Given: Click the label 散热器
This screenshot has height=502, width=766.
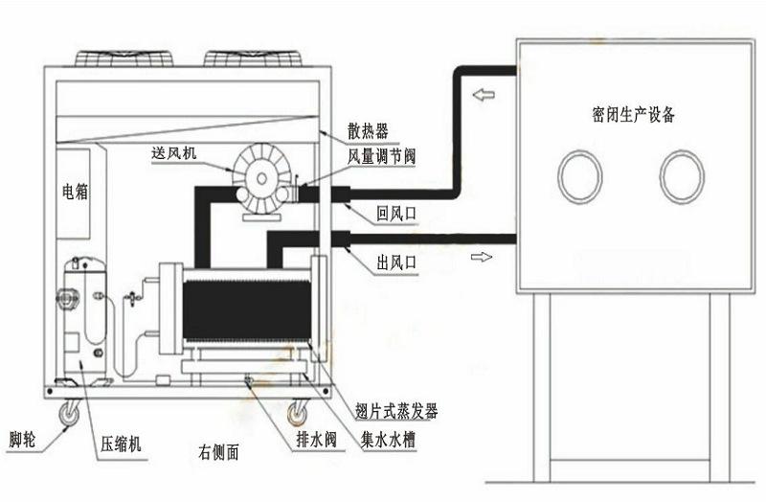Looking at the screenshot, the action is tap(368, 131).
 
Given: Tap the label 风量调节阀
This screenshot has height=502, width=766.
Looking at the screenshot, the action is tap(381, 156).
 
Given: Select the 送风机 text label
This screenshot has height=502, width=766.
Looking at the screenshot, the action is tap(173, 153).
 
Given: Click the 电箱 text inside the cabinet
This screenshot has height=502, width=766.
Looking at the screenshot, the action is tap(76, 191).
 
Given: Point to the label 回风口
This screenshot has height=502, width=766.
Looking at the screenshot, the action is tap(396, 214).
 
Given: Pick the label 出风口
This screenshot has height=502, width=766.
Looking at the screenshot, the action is tap(396, 263).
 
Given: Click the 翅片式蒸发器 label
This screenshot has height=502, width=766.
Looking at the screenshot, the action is tap(396, 412).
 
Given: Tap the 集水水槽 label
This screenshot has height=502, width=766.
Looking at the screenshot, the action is tap(388, 440).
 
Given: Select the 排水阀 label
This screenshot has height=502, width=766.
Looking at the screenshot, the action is tap(317, 440).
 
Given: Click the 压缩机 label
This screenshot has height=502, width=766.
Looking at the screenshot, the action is tap(121, 444).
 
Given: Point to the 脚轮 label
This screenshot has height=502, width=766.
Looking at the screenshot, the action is tap(22, 440).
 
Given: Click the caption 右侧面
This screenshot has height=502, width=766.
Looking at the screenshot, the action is tap(218, 452).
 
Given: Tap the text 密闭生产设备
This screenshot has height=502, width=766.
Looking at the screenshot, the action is tap(633, 114).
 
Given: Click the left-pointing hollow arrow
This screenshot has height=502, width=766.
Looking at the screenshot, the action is tap(484, 94).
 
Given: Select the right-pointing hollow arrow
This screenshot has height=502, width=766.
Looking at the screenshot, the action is tap(482, 257).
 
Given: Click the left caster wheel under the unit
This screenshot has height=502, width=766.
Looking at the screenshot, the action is tap(69, 414).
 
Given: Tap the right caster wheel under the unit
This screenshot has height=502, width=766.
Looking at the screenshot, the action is tap(297, 414).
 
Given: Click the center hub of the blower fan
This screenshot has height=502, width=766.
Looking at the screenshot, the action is tap(261, 178).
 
